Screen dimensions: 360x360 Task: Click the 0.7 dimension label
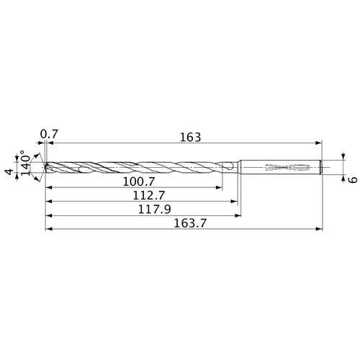(49, 134)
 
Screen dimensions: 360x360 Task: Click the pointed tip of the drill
(45, 167)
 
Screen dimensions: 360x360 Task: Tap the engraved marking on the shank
(287, 168)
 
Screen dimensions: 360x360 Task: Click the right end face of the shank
(320, 168)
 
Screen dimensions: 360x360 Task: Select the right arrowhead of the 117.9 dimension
(236, 215)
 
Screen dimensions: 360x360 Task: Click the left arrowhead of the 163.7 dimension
(48, 230)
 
